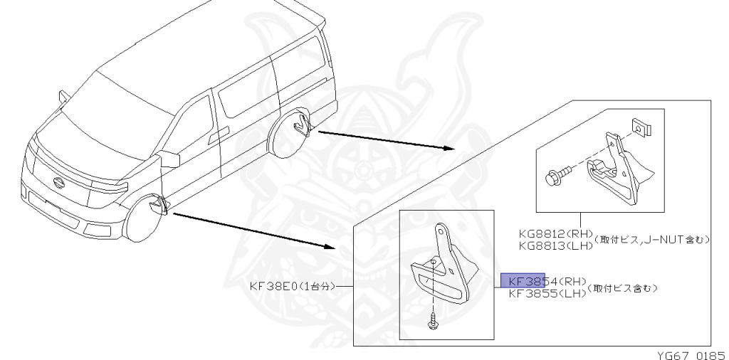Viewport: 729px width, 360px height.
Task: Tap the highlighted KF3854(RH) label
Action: (x=543, y=280)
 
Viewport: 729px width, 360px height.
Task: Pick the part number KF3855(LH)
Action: (x=543, y=292)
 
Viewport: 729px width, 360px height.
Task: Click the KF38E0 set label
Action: (x=290, y=287)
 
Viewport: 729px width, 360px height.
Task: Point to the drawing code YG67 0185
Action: (x=686, y=352)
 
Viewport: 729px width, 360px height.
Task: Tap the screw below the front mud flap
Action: (x=432, y=322)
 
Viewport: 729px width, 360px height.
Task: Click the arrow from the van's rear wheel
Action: (x=384, y=139)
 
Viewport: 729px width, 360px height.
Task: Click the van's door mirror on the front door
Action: (x=171, y=158)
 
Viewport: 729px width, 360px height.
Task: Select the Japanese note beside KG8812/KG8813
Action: (x=654, y=240)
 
